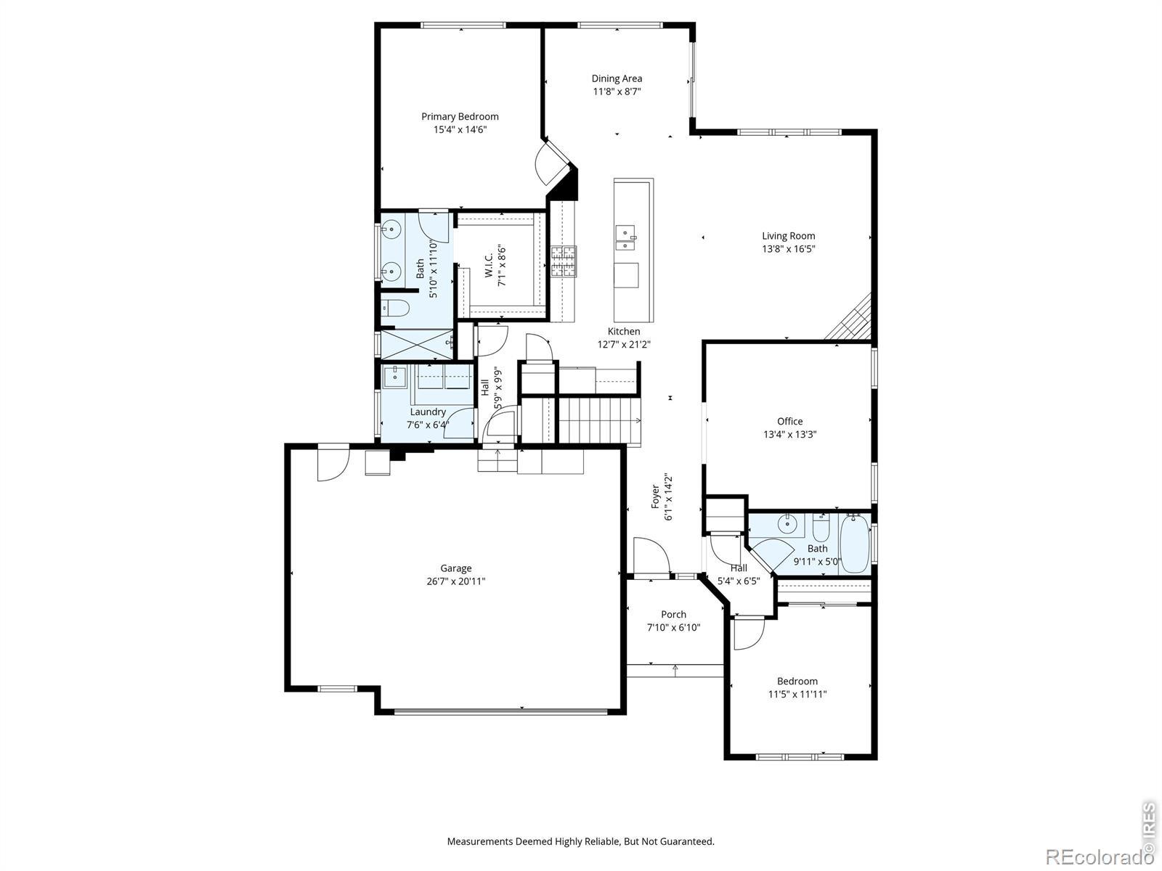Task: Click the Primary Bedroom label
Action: tap(460, 116)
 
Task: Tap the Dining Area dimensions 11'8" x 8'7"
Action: tap(617, 91)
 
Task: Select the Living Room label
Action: tap(788, 236)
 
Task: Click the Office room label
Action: tap(790, 421)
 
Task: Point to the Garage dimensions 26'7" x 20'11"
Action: tap(456, 581)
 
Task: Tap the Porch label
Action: tap(673, 614)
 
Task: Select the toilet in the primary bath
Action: tap(395, 308)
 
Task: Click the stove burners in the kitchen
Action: tap(564, 261)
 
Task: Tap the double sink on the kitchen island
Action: tap(625, 237)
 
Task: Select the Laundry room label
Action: tap(428, 412)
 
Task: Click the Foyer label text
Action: tap(655, 496)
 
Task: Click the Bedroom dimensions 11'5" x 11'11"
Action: tap(797, 694)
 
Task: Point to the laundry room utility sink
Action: tap(394, 377)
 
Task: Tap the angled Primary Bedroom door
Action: tap(550, 163)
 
